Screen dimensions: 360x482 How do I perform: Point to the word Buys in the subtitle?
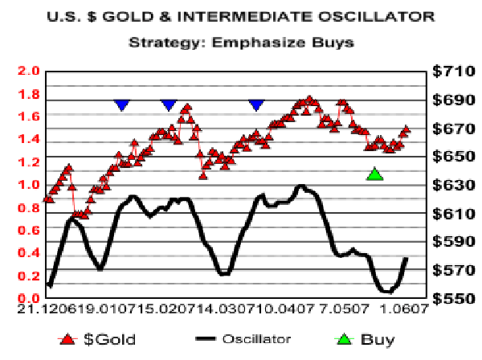coord(332,42)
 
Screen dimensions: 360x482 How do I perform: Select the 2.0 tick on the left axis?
coord(30,71)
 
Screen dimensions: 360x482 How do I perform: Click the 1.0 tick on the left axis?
coord(30,185)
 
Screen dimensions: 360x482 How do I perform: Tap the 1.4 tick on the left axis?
coord(30,139)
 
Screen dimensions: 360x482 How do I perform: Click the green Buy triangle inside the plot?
coord(374,174)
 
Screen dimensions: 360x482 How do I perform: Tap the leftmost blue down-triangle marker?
coord(121,104)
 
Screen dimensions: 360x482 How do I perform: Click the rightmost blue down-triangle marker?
coord(256,104)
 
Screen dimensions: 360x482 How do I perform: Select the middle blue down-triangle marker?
coord(168,104)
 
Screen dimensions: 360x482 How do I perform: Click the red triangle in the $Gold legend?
coord(68,340)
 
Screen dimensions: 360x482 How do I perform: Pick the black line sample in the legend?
coord(211,340)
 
